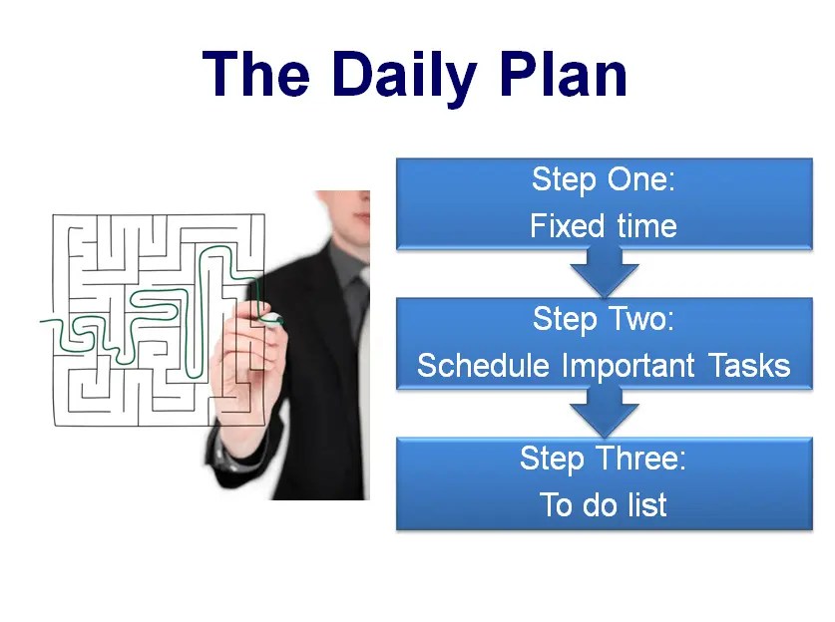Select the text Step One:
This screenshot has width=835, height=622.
point(604,180)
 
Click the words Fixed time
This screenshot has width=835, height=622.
point(604,226)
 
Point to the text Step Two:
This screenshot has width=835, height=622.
point(604,319)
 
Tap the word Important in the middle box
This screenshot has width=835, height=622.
point(629,366)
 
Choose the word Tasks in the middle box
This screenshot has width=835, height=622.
point(750,366)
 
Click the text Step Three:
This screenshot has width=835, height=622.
point(604,459)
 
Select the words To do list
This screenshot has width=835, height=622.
point(604,504)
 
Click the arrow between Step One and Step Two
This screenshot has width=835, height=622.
point(604,270)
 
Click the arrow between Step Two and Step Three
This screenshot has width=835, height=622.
point(604,410)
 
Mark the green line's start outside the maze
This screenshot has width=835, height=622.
point(44,321)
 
